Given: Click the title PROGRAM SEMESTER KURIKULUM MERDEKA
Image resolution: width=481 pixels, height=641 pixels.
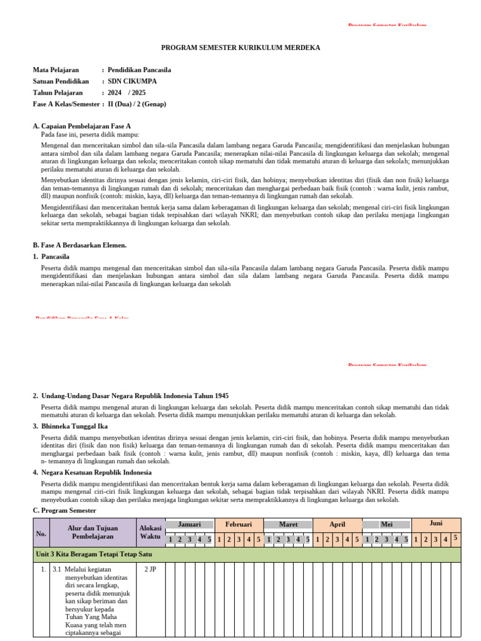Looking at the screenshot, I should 240,48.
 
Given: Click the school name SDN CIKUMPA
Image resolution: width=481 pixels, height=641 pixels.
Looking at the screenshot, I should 132,81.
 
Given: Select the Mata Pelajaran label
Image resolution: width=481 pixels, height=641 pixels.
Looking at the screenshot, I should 60,70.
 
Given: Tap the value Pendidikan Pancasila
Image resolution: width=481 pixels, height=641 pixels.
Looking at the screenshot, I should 139,70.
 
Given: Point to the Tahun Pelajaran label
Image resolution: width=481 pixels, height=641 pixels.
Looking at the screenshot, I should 58,93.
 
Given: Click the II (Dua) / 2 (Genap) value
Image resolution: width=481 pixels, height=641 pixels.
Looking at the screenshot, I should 137,104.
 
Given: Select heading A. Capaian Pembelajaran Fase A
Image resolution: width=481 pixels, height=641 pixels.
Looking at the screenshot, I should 81,126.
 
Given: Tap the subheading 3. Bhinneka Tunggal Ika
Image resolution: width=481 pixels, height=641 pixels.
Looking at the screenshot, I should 70,426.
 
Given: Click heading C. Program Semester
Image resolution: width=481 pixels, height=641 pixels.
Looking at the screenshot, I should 65,511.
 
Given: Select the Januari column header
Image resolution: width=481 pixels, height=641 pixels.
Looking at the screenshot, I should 189,524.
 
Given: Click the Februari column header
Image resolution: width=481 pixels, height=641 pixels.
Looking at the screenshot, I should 239,524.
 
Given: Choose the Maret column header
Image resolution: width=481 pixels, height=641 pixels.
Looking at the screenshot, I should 287,524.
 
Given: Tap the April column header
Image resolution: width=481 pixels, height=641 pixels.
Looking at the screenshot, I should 337,524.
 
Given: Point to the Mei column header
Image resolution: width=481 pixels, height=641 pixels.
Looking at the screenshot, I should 386,524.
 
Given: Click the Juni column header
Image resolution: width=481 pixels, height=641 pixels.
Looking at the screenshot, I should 436,523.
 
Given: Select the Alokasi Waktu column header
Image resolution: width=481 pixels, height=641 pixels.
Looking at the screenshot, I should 150,532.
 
